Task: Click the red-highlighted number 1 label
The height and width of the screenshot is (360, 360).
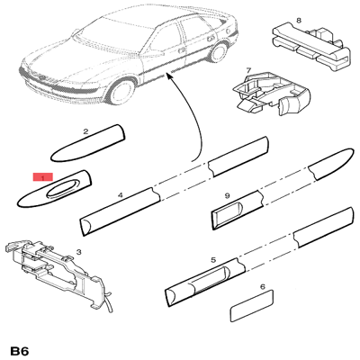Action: pos(43,177)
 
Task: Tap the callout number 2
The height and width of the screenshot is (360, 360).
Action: pos(85,131)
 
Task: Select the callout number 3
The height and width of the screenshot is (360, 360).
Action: pos(78,252)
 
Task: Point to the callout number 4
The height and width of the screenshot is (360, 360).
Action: pos(121,195)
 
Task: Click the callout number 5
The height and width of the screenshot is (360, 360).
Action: pos(213,260)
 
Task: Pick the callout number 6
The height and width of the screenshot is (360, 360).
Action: pos(263,287)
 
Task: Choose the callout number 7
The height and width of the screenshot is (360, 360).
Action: pos(248,71)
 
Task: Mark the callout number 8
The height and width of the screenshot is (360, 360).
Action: pos(299,21)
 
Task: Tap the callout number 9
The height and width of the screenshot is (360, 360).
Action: pos(227,196)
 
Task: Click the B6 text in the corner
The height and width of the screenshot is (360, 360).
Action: pos(19,351)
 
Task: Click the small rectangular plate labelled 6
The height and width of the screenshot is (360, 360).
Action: pos(251,307)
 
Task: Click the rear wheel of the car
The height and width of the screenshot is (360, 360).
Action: pos(219,51)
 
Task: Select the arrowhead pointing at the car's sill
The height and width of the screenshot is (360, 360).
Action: pos(169,76)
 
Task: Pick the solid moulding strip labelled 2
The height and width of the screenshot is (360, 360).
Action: pos(88,143)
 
